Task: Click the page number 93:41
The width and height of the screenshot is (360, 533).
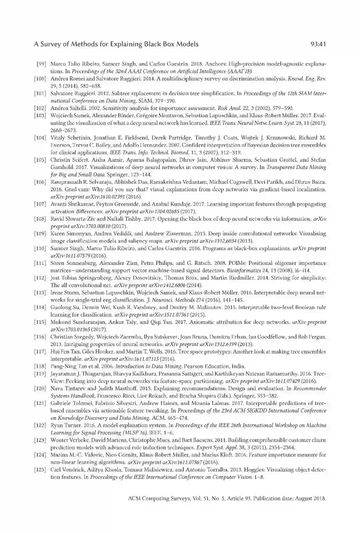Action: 317,44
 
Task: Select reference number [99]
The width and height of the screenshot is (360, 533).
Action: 41,64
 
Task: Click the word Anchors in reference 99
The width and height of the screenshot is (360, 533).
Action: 216,64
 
